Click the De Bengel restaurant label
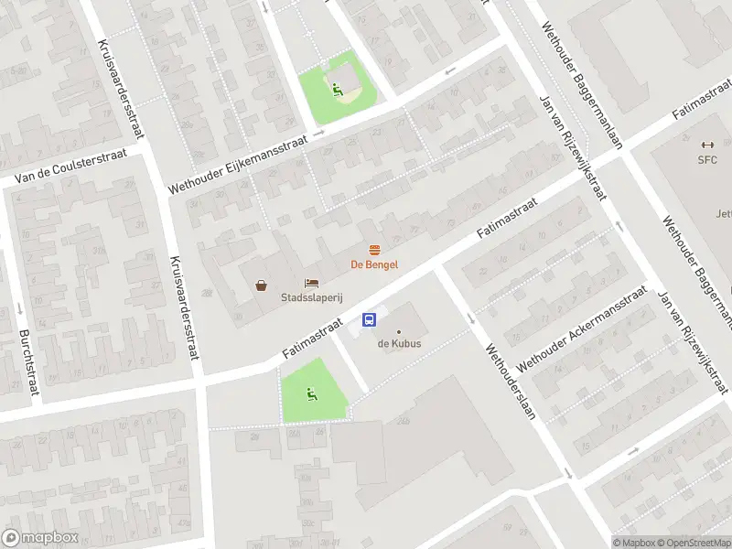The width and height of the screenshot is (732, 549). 375,264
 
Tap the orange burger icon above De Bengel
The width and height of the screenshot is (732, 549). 374,250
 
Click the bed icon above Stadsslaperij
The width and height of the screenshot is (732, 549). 312,284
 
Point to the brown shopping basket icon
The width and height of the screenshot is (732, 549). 262,285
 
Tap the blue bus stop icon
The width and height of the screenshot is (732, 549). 370,319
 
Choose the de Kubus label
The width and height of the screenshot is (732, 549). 398,344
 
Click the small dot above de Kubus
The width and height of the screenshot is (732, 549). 398,331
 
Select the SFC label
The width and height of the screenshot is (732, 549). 706,159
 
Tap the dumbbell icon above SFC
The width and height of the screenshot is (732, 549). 706,145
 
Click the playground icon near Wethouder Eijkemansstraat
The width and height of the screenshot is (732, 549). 338,90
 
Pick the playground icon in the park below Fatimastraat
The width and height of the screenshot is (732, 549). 312,394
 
